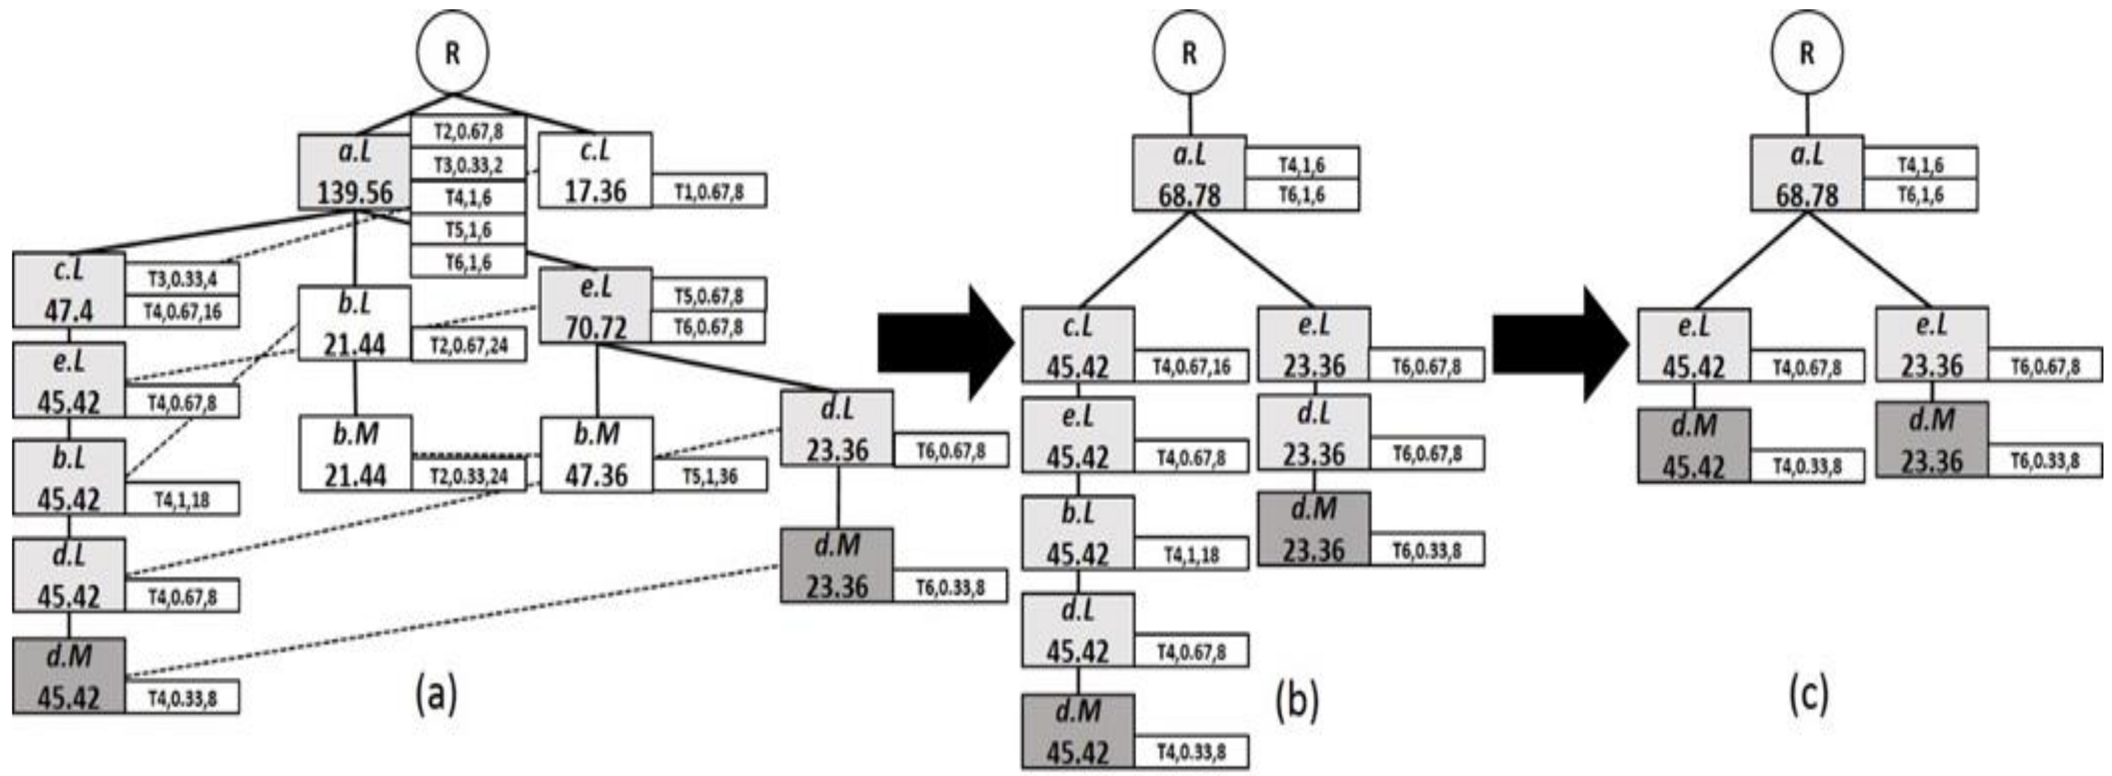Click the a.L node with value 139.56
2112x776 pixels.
(x=354, y=172)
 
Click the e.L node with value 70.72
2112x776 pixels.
(x=596, y=305)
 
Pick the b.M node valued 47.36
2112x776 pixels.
(x=596, y=455)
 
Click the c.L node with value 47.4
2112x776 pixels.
(x=69, y=290)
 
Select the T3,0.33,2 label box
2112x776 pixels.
(x=468, y=165)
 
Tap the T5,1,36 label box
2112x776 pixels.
(x=709, y=476)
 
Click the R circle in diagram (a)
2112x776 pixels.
(x=451, y=53)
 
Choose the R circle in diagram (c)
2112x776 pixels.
(x=1806, y=53)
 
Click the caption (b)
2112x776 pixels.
(x=1297, y=701)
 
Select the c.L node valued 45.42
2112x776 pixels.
(x=1078, y=345)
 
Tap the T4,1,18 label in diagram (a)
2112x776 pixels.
(x=182, y=500)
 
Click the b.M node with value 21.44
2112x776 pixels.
(x=355, y=453)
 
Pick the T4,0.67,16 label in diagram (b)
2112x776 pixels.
(x=1192, y=366)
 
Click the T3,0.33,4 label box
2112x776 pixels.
(x=182, y=279)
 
